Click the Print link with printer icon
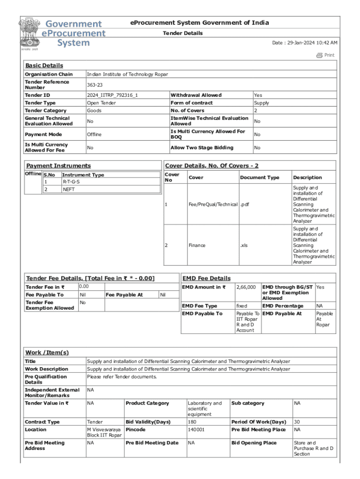[x=325, y=55]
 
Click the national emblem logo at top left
[x=29, y=33]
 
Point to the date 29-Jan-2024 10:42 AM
[x=305, y=43]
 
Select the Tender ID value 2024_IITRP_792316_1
[x=112, y=95]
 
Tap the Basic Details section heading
[x=44, y=65]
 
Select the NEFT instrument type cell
[x=68, y=189]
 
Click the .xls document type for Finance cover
[x=244, y=245]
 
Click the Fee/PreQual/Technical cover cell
[x=213, y=204]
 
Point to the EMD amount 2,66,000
[x=246, y=287]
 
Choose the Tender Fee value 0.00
[x=84, y=286]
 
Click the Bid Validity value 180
[x=192, y=422]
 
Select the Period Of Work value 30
[x=296, y=422]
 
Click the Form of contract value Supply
[x=261, y=103]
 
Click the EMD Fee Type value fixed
[x=242, y=306]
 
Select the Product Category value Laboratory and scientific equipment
[x=205, y=408]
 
